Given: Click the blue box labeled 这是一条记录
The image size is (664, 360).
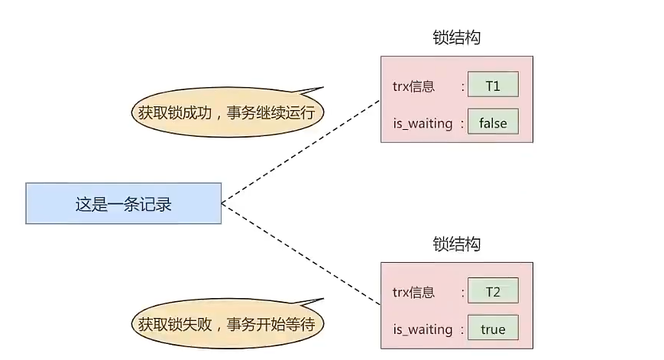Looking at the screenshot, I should pos(123,203).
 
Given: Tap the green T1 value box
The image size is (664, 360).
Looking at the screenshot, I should pos(493,86).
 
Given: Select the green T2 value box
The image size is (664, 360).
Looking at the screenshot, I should pos(493,291).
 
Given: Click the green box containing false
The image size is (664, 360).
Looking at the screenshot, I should pos(493,122).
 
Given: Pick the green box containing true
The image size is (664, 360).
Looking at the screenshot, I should pos(493,329).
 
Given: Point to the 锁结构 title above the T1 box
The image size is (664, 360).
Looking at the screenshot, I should pos(456,38).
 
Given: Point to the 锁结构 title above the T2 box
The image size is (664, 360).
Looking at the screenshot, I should pos(456,245).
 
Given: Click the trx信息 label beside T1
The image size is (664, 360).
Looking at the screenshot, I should pos(413,86).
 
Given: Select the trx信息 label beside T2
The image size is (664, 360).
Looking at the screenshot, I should pos(413,292).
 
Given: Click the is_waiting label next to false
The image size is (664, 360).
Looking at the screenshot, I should pos(423,123).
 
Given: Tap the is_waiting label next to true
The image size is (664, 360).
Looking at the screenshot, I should pos(423,329).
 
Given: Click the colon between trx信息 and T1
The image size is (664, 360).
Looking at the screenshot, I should pos(462,86).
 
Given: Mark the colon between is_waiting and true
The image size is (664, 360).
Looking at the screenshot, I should pos(462,329).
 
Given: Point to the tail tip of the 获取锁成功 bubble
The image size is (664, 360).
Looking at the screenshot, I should pos(323,86).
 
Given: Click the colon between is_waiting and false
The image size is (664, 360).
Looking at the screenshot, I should pos(462,123).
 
